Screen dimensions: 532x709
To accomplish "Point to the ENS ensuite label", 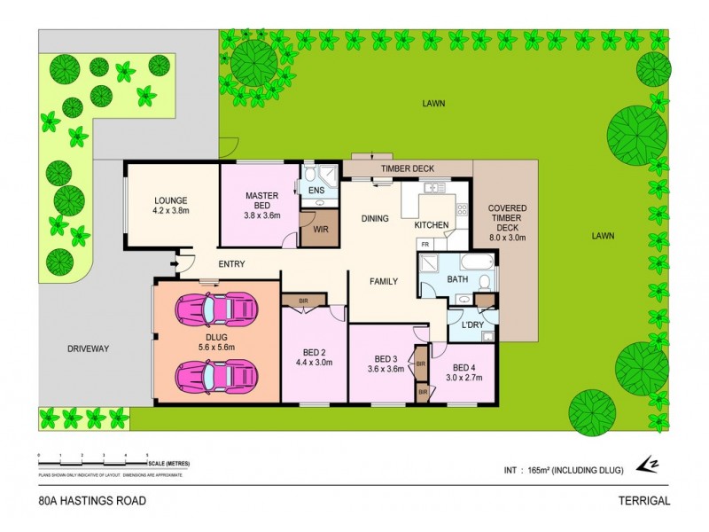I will [316, 190].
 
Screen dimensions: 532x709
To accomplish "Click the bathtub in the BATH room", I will [476, 264].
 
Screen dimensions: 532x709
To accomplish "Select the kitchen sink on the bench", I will [433, 188].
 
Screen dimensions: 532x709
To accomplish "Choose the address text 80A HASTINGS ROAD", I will [92, 500].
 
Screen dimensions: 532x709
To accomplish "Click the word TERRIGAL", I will [644, 500].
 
